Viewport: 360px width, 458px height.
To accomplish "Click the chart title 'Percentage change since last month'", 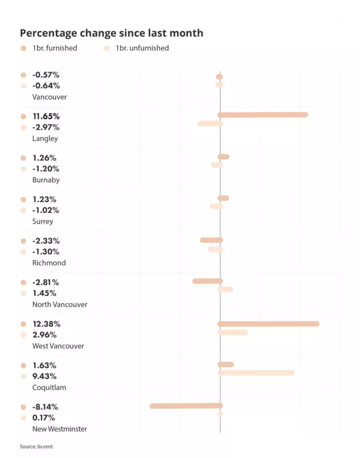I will pyautogui.click(x=111, y=33).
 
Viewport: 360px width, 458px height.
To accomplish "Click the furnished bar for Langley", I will pyautogui.click(x=263, y=115).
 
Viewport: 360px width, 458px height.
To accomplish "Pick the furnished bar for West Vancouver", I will pyautogui.click(x=268, y=324).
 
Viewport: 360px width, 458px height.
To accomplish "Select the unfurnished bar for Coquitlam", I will pyautogui.click(x=256, y=373).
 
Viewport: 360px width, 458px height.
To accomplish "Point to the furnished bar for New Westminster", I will pyautogui.click(x=186, y=406).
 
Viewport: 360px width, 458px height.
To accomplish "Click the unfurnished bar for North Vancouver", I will pyautogui.click(x=225, y=289).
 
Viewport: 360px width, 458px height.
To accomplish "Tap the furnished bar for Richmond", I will pyautogui.click(x=211, y=240).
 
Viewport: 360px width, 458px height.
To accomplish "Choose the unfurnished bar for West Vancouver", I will pyautogui.click(x=233, y=332).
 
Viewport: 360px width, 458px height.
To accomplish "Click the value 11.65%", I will pyautogui.click(x=46, y=116).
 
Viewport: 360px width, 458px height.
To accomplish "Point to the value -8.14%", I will pyautogui.click(x=45, y=407).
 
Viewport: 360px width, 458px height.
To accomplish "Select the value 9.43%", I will pyautogui.click(x=44, y=376).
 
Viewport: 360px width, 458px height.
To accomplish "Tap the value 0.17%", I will pyautogui.click(x=44, y=418).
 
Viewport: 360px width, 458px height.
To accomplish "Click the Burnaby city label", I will pyautogui.click(x=46, y=180).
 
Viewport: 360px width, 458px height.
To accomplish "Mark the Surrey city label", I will pyautogui.click(x=42, y=221).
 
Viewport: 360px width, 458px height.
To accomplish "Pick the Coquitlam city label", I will pyautogui.click(x=49, y=387).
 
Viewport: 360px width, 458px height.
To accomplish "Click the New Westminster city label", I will pyautogui.click(x=59, y=429).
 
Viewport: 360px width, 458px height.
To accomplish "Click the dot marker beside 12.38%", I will pyautogui.click(x=24, y=324).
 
